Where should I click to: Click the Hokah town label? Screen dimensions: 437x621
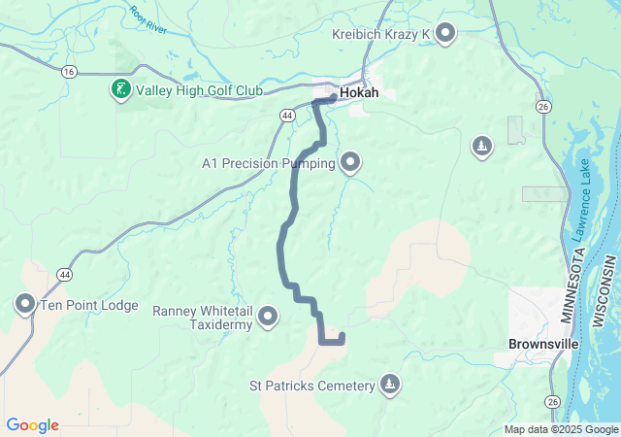tap(359, 94)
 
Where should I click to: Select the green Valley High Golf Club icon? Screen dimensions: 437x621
tap(120, 90)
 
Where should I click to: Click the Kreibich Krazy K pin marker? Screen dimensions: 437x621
tap(445, 34)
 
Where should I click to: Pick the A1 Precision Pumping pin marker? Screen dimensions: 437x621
tap(349, 161)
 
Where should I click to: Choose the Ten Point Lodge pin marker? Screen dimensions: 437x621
tap(25, 304)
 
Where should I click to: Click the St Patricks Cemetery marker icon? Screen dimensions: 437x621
tap(389, 385)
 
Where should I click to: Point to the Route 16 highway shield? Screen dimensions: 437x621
tap(68, 72)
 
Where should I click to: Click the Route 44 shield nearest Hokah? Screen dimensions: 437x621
tap(288, 115)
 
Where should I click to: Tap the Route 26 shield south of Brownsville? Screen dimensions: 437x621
tap(552, 401)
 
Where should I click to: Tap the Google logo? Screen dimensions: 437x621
tap(32, 425)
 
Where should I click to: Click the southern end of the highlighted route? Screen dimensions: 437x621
tap(343, 337)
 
